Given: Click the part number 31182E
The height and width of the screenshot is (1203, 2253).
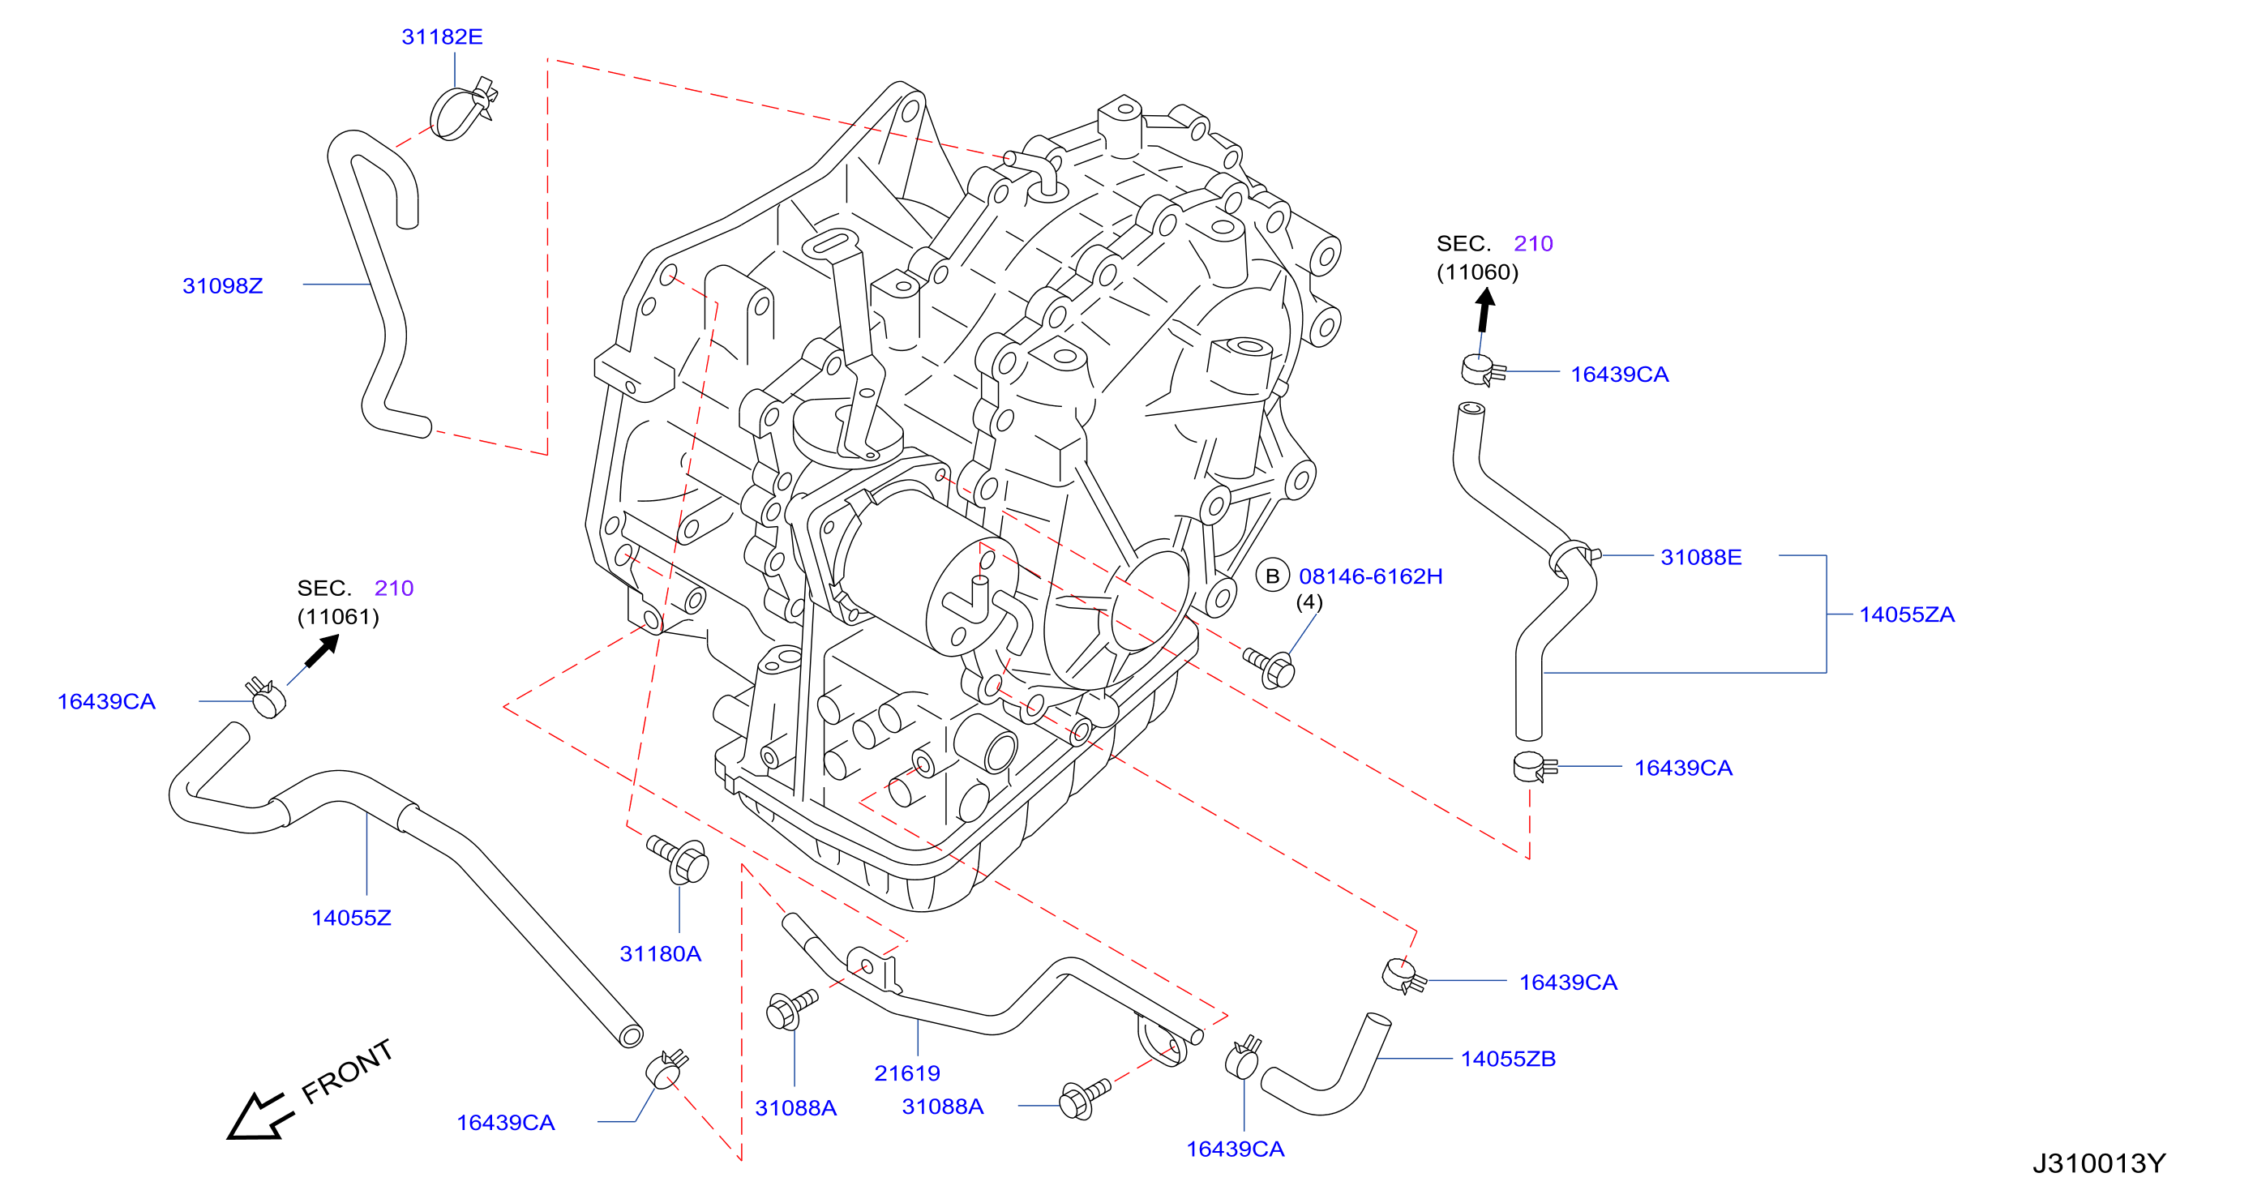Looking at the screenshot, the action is [442, 36].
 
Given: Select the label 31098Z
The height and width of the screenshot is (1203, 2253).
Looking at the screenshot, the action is [222, 286].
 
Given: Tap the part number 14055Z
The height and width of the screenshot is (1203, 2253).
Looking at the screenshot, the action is [351, 918].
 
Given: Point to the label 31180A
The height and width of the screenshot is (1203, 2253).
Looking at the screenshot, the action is [660, 954].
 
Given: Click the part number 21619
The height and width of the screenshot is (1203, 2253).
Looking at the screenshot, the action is [907, 1073].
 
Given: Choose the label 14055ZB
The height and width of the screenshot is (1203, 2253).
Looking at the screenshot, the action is [1508, 1059].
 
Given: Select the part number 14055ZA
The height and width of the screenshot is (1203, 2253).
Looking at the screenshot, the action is [1907, 614].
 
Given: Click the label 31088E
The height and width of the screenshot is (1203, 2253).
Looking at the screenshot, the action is [1701, 557].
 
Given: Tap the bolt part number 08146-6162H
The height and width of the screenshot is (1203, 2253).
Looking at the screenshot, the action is [1370, 576].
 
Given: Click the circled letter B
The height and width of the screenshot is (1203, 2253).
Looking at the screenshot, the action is [1273, 576].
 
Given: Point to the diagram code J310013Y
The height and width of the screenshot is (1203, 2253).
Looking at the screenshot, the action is [2099, 1163].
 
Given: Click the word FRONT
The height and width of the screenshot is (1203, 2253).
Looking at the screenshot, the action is [347, 1072].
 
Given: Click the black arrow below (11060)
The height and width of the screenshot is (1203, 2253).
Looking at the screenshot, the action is [1484, 310].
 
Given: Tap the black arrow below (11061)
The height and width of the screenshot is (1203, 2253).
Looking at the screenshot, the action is [321, 651].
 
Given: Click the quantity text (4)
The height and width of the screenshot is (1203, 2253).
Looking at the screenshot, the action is [1309, 602].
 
